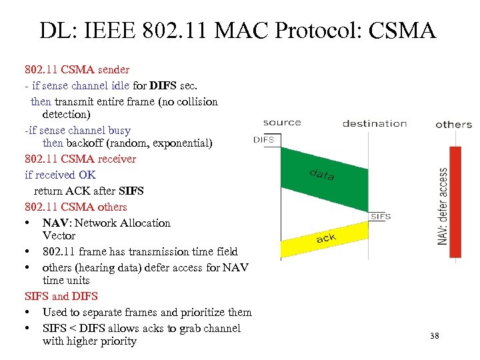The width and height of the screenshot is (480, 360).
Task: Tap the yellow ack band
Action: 325,241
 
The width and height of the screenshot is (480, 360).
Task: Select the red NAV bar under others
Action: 455,201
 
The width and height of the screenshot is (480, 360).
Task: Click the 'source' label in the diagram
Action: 282,123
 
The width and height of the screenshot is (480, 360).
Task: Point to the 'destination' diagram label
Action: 375,123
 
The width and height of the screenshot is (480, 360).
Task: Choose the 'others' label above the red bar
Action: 453,125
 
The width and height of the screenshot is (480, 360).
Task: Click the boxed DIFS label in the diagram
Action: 265,139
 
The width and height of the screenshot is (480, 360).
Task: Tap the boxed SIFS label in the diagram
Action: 380,217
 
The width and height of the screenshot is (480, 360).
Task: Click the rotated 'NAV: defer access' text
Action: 443,206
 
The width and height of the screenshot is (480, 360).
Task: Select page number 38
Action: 435,336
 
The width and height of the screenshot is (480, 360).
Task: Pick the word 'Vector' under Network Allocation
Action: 59,236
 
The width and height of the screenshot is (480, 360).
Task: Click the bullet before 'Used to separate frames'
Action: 28,313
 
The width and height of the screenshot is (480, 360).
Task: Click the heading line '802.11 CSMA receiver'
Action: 80,159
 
